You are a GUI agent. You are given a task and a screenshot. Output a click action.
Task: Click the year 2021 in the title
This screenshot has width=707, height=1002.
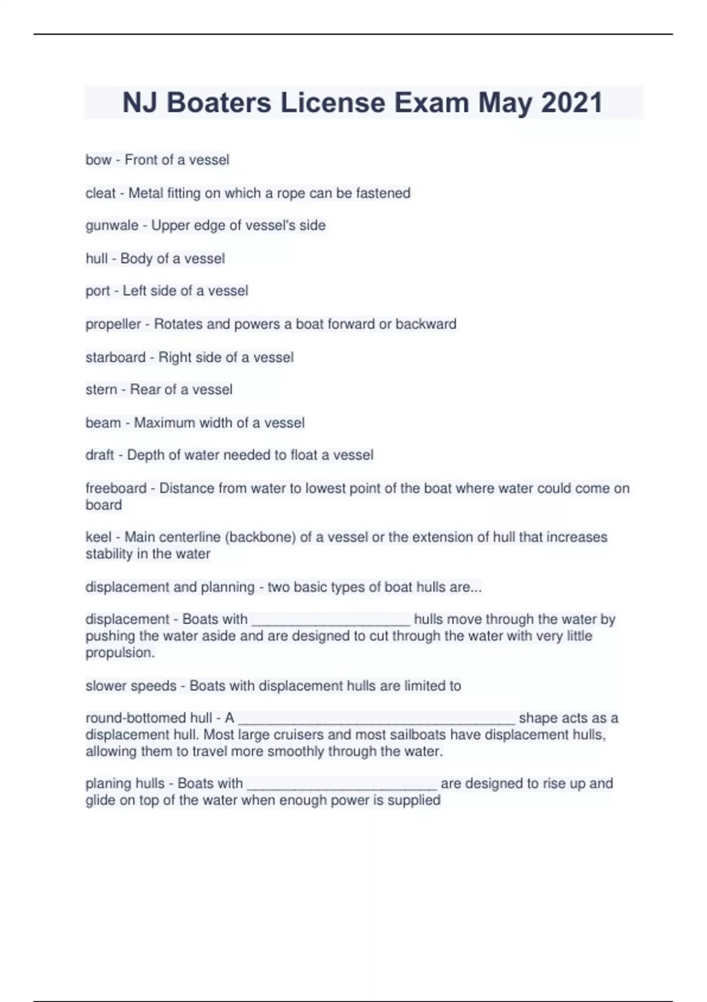[x=571, y=103]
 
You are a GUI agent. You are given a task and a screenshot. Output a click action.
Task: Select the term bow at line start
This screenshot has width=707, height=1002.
[x=98, y=160]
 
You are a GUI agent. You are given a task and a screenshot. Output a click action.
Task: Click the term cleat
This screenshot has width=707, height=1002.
[x=100, y=193]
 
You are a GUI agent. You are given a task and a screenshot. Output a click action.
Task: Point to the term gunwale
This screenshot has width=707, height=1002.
[x=111, y=225]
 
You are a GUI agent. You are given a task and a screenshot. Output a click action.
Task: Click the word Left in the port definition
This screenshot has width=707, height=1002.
[x=136, y=291]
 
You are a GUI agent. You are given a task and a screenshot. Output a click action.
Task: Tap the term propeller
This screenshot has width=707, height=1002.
[x=113, y=324]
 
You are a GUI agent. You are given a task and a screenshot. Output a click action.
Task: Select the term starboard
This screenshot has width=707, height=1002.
[x=115, y=357]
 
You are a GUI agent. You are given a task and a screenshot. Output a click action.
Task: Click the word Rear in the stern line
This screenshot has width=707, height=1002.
[x=145, y=390]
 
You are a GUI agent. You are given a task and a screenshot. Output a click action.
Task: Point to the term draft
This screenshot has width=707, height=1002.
[x=100, y=455]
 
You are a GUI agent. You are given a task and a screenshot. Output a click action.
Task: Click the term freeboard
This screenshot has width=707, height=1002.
[x=115, y=488]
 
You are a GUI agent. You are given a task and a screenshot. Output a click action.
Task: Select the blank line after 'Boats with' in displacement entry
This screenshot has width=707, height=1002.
[x=331, y=620]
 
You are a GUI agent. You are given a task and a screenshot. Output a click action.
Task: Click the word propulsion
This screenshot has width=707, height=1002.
[x=120, y=652]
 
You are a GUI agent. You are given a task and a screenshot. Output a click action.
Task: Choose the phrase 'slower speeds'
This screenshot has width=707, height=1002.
[x=131, y=685]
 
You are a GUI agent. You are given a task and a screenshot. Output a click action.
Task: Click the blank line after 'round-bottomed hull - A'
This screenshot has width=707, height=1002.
[x=376, y=719]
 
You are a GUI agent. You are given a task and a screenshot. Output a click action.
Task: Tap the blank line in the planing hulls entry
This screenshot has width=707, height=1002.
[x=342, y=785]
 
